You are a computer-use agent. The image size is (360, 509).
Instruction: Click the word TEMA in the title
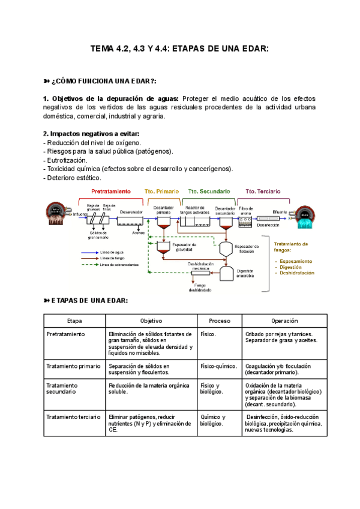click(103, 47)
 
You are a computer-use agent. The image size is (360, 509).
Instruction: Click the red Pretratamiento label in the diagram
click(111, 191)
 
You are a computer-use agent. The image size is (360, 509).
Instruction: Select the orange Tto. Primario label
click(162, 191)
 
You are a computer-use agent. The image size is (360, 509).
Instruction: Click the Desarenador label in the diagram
click(131, 212)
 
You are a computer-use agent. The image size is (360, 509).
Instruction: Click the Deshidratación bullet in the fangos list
click(296, 273)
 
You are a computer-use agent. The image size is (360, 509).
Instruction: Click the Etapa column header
click(74, 321)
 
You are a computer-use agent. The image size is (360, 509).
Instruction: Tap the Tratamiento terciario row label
click(73, 417)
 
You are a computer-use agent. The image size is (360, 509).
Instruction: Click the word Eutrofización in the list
click(67, 160)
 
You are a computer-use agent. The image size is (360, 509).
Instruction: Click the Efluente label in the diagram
click(279, 212)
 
